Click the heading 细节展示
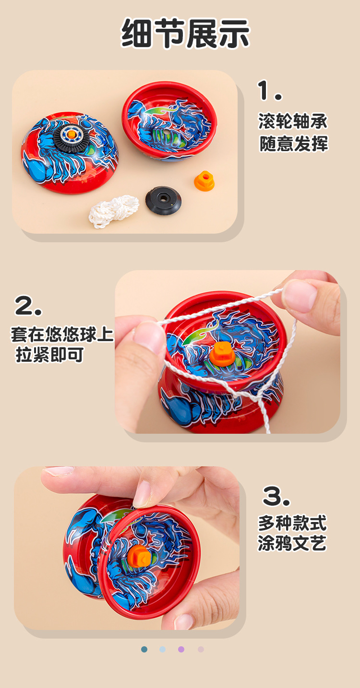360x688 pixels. coord(185,34)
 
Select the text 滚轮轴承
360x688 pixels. coord(293,121)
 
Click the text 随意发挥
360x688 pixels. coord(294,143)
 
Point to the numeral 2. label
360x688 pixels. coord(28,306)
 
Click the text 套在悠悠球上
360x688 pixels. coord(62,334)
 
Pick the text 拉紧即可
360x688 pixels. coord(49,356)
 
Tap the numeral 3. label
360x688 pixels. coord(276,496)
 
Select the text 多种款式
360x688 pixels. coord(292,522)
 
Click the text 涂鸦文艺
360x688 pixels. coord(292,544)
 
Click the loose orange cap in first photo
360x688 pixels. coord(204,181)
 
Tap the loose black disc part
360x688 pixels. coord(163,200)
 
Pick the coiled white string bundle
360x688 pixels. coord(114,212)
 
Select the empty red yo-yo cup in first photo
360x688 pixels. coord(169,120)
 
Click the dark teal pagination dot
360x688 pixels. coord(144,649)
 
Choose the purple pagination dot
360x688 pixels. coord(181,649)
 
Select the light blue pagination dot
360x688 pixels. coord(163,649)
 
